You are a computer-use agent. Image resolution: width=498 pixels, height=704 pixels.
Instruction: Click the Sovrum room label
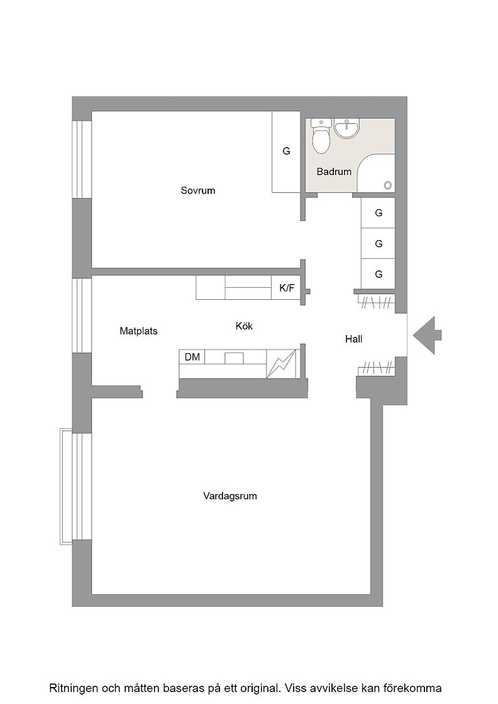(197, 190)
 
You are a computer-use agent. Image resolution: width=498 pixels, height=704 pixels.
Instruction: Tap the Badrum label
(334, 172)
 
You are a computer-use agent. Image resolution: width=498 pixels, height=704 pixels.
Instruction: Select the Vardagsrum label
(230, 496)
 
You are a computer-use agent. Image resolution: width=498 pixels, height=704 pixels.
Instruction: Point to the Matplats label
(138, 331)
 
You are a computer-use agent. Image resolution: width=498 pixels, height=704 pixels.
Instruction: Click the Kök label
(244, 326)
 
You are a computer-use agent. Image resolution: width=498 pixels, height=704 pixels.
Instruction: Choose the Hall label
(353, 339)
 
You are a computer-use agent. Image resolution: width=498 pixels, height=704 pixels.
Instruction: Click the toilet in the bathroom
(321, 136)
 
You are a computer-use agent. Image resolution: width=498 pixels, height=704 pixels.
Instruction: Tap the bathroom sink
(346, 128)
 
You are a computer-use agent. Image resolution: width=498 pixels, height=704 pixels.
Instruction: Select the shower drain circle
(387, 184)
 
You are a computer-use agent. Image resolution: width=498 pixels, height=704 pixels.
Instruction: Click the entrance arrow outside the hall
(427, 335)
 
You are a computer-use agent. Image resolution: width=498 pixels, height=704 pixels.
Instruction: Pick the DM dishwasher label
(192, 357)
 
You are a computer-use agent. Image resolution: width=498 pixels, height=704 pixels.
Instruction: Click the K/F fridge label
(287, 288)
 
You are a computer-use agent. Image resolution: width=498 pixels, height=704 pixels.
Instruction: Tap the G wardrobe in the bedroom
(286, 151)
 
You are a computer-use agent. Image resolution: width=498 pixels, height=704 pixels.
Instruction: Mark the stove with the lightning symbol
(282, 364)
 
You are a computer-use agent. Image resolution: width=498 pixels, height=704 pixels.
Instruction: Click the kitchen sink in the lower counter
(234, 358)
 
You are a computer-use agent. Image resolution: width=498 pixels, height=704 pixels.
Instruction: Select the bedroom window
(82, 160)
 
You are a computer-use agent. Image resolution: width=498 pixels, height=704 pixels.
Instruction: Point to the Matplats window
(82, 316)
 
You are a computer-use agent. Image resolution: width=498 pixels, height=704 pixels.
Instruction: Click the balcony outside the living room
(65, 487)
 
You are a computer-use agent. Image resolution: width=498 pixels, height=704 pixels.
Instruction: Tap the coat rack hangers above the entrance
(376, 302)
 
